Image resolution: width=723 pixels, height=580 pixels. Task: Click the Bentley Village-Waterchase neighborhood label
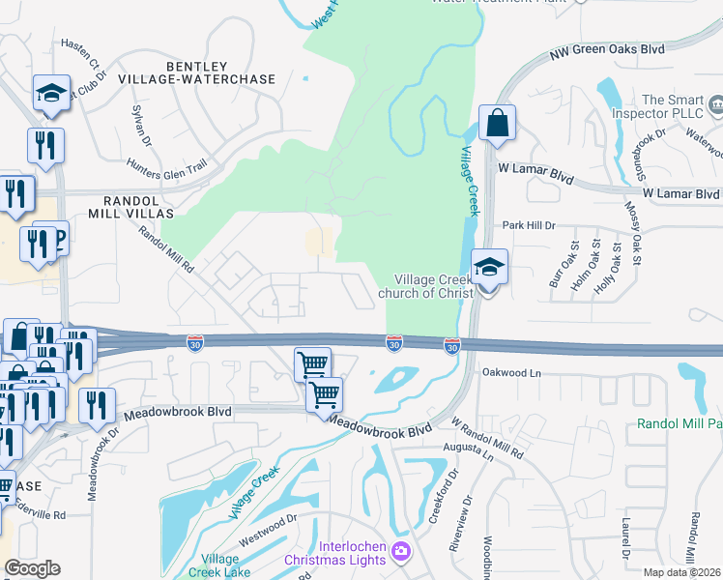tap(220, 72)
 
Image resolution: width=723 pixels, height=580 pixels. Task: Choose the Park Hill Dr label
tap(529, 225)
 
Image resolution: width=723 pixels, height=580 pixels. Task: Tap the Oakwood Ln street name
tap(508, 371)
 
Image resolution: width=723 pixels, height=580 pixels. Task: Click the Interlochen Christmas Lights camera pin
tap(401, 553)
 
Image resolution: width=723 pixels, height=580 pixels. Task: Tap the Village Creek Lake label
tap(226, 565)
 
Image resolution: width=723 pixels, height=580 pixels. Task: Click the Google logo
tap(32, 568)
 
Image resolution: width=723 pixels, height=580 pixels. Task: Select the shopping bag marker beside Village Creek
tap(497, 124)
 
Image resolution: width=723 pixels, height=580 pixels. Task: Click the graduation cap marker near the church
tap(489, 267)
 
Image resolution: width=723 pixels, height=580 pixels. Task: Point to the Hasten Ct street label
tap(80, 50)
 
